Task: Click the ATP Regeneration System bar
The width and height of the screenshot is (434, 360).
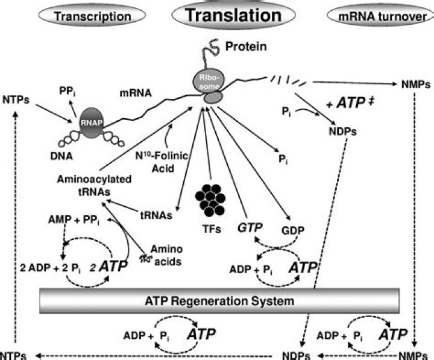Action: click(216, 300)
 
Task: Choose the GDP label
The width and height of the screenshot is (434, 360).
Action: click(294, 230)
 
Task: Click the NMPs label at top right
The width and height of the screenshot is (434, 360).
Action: click(416, 84)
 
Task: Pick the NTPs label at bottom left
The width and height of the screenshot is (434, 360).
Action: click(13, 355)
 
